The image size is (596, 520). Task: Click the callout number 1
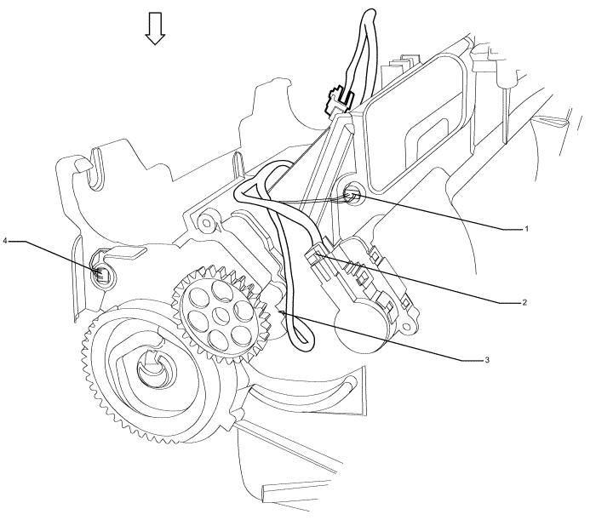pos(526,229)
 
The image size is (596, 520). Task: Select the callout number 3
pos(487,359)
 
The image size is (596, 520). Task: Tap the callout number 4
pos(5,241)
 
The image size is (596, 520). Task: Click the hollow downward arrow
pos(155,28)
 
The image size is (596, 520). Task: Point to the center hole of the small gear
pos(221,315)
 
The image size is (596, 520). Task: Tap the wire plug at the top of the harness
pos(335,101)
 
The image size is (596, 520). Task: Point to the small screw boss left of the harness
pos(208,222)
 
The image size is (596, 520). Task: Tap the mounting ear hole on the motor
pos(409,326)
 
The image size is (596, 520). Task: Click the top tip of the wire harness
pos(370,14)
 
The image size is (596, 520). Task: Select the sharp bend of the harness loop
pos(238,195)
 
